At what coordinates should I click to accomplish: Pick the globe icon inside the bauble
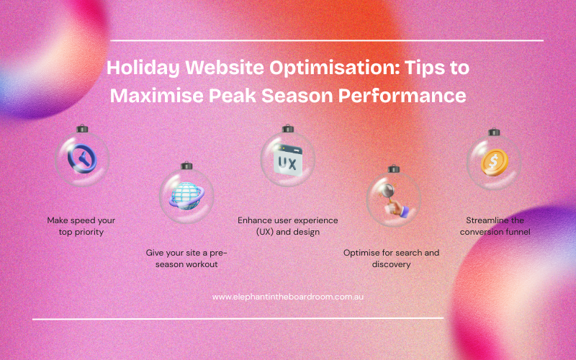tap(185, 193)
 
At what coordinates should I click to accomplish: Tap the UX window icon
tap(287, 161)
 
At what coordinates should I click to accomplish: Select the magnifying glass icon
tap(392, 196)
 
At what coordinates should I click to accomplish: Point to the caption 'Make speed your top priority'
tap(81, 226)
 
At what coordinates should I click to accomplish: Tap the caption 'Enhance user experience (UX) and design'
tap(288, 226)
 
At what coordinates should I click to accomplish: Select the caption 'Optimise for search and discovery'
tap(391, 258)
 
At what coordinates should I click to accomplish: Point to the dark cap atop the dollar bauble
tap(494, 132)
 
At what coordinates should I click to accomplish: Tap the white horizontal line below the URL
tap(238, 318)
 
